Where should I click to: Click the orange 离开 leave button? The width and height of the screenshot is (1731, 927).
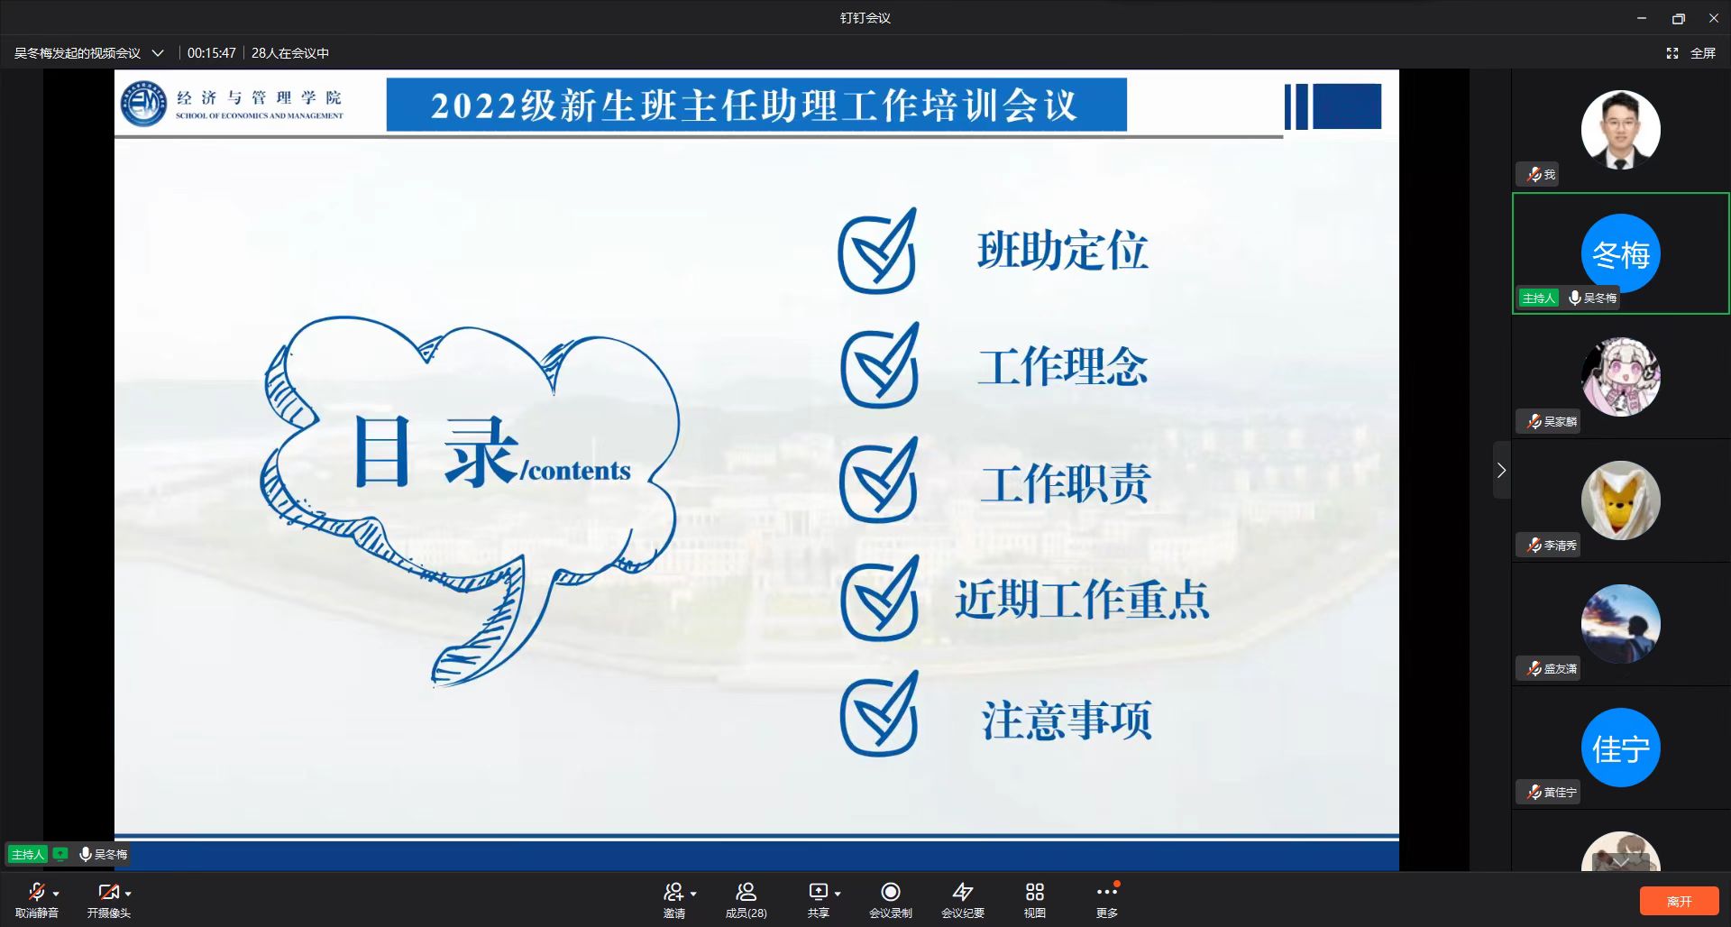point(1679,901)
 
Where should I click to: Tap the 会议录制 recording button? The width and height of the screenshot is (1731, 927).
point(891,900)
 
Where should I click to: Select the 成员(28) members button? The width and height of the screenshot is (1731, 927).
point(746,900)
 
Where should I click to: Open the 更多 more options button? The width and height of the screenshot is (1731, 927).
point(1107,900)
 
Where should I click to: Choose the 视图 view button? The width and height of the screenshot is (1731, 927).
point(1035,900)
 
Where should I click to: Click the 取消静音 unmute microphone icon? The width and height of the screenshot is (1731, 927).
point(37,893)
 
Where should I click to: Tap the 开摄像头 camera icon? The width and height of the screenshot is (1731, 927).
point(108,893)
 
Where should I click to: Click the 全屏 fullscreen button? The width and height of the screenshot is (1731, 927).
point(1691,53)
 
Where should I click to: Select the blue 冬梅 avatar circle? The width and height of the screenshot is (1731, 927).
point(1621,253)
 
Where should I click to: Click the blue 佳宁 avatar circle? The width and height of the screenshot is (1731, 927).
point(1621,748)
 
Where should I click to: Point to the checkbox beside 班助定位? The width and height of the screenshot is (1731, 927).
point(878,252)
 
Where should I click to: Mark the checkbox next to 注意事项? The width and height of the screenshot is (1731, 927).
point(879,713)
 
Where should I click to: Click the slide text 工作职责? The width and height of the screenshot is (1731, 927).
point(1066,483)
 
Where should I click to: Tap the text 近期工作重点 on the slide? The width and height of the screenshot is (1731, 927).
point(1082,599)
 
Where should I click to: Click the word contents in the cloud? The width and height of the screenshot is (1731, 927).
point(579,471)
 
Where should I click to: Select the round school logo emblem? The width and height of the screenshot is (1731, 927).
point(144,104)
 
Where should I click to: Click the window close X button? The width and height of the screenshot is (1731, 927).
point(1714,18)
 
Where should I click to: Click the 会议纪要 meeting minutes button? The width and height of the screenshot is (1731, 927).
point(963,900)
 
